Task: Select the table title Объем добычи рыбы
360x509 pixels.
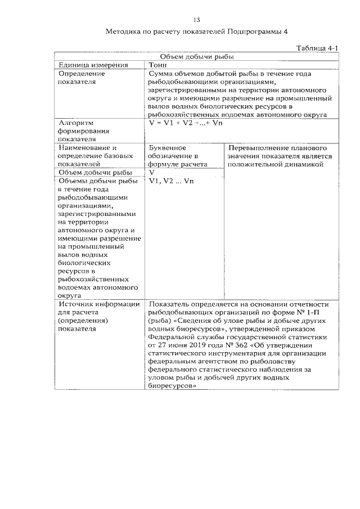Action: point(196,57)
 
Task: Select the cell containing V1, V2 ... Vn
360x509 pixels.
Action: point(171,181)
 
